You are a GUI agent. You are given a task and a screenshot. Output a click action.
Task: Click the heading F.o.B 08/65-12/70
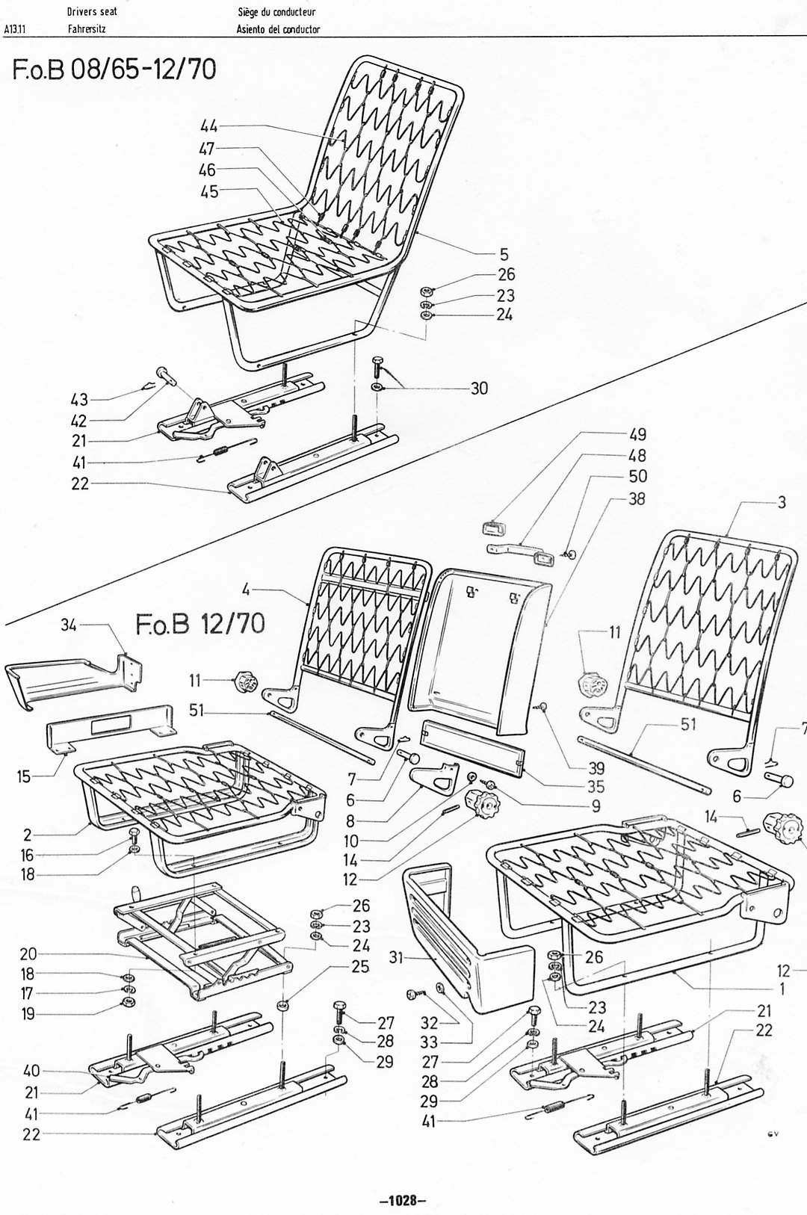point(114,69)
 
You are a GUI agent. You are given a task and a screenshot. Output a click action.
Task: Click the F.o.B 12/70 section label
point(200,625)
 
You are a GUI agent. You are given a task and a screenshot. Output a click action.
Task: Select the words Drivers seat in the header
point(92,12)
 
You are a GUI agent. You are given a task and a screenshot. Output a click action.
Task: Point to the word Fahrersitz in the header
point(87,29)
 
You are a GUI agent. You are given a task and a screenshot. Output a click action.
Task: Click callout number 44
point(208,126)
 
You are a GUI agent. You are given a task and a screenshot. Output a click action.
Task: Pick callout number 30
point(478,388)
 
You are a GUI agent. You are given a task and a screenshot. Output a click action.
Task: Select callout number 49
point(637,434)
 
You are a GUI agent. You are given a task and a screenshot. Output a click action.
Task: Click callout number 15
point(24,776)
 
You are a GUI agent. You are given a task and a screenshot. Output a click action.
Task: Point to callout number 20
point(28,954)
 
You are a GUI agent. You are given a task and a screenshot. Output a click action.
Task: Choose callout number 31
point(397,957)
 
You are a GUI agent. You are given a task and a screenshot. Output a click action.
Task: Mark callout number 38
point(637,498)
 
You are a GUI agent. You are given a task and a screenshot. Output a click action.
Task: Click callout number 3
point(782,502)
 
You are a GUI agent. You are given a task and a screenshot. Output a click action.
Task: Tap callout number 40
point(31,1071)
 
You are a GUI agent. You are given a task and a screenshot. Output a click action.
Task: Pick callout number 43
point(79,400)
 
